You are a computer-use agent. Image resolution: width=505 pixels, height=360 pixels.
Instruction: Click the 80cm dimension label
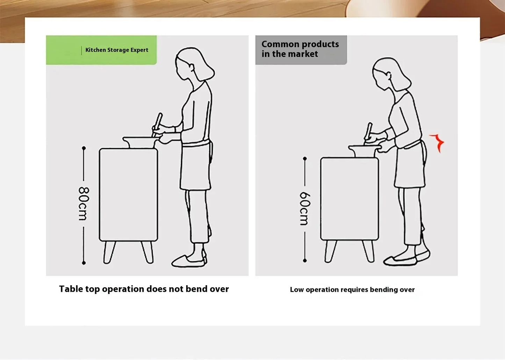(x=84, y=203)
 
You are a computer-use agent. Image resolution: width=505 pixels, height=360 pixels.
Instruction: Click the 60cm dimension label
(x=305, y=209)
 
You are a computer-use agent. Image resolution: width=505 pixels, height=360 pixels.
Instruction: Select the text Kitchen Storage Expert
(x=117, y=50)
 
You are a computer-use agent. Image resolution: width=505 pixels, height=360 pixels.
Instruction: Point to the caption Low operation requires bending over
(x=352, y=290)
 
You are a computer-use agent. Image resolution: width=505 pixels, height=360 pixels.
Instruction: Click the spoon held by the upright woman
(x=157, y=125)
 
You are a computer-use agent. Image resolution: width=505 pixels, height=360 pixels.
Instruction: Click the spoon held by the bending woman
(x=368, y=134)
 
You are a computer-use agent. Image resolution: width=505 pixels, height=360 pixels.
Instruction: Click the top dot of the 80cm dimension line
(x=84, y=148)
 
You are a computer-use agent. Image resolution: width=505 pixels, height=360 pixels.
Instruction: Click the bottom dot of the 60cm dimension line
(x=305, y=261)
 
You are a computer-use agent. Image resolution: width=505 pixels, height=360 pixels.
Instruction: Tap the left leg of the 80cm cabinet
(x=109, y=252)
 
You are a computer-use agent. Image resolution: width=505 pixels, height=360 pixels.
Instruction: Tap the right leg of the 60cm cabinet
(x=368, y=251)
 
